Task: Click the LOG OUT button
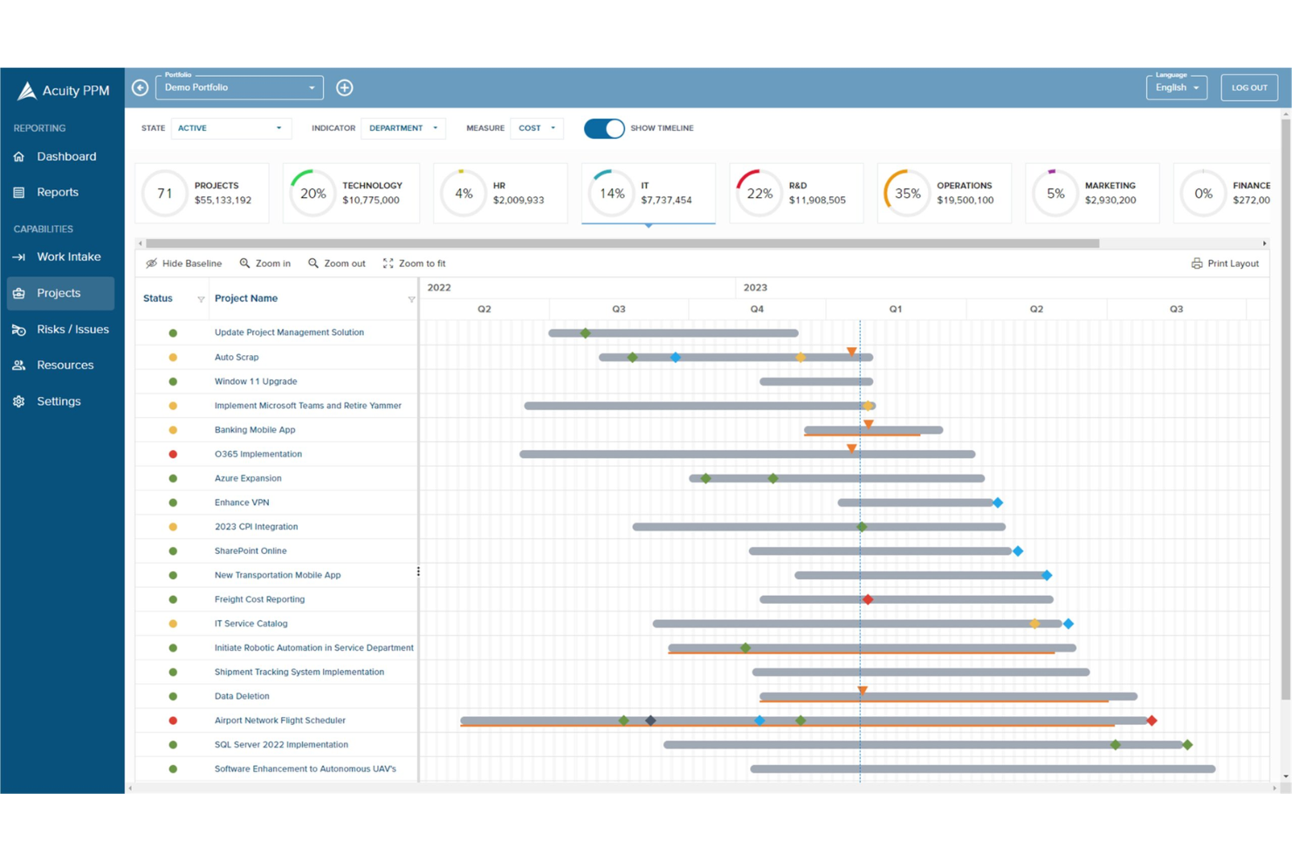click(1248, 87)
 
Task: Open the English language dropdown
click(1176, 87)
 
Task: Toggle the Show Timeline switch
click(604, 128)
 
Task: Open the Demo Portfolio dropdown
click(239, 87)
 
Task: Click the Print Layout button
click(1225, 263)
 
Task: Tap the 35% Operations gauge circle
click(907, 193)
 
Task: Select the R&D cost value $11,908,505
click(817, 201)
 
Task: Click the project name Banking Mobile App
click(255, 430)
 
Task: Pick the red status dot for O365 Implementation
click(173, 454)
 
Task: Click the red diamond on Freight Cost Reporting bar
click(868, 599)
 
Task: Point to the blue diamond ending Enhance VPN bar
click(998, 502)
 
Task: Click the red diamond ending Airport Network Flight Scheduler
click(1151, 721)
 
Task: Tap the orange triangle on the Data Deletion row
click(862, 690)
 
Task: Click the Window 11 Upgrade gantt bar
click(815, 381)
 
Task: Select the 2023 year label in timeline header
click(755, 287)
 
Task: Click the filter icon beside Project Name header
click(411, 299)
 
